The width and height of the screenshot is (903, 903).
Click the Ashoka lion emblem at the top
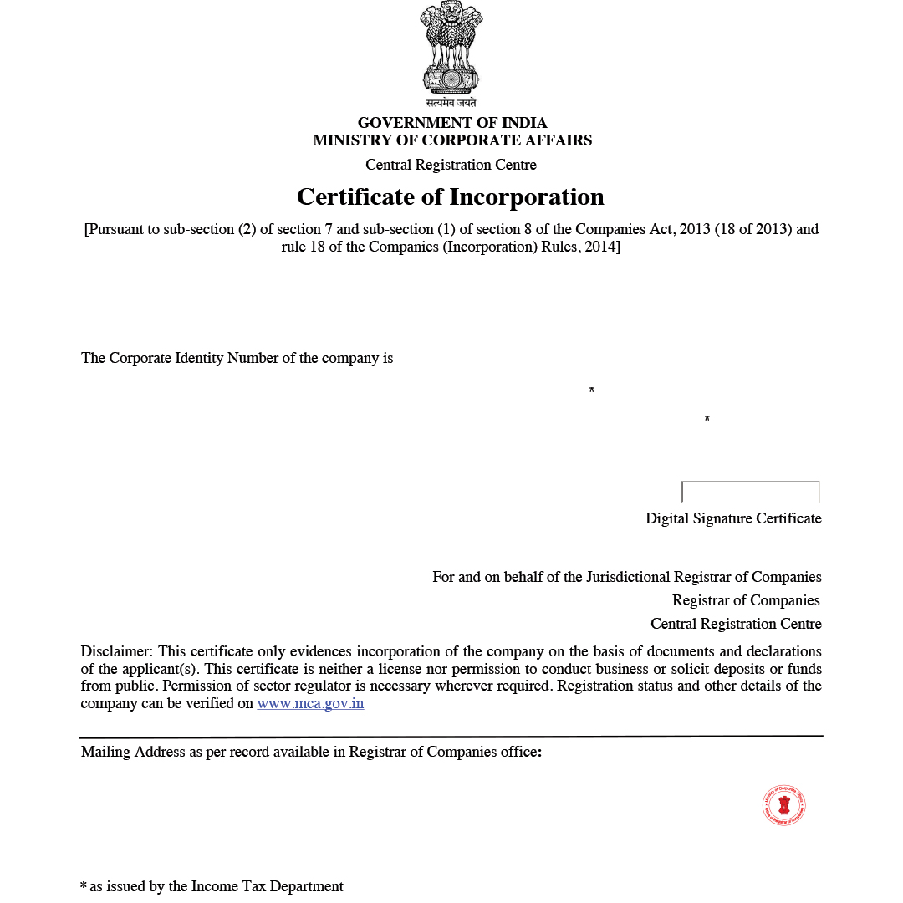pyautogui.click(x=451, y=48)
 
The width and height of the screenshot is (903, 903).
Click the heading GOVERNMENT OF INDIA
pyautogui.click(x=452, y=123)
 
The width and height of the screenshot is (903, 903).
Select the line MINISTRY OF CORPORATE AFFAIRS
pyautogui.click(x=452, y=140)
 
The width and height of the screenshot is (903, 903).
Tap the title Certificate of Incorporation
pyautogui.click(x=451, y=197)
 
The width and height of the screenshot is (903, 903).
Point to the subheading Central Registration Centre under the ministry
pyautogui.click(x=451, y=165)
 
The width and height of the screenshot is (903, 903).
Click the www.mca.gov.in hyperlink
pyautogui.click(x=310, y=704)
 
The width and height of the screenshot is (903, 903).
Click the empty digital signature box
pyautogui.click(x=751, y=492)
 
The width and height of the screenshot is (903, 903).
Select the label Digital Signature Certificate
pyautogui.click(x=733, y=518)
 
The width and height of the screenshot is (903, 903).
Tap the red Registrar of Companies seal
pyautogui.click(x=784, y=806)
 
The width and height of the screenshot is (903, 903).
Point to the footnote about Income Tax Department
pyautogui.click(x=212, y=886)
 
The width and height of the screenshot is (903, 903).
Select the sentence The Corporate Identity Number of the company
pyautogui.click(x=237, y=358)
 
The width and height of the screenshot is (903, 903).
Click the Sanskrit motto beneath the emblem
pyautogui.click(x=451, y=103)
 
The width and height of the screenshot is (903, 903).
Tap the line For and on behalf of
pyautogui.click(x=626, y=577)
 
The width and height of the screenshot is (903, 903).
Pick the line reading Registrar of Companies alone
pyautogui.click(x=746, y=600)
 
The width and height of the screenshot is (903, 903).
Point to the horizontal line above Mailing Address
pyautogui.click(x=451, y=737)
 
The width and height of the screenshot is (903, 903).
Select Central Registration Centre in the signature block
pyautogui.click(x=736, y=624)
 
